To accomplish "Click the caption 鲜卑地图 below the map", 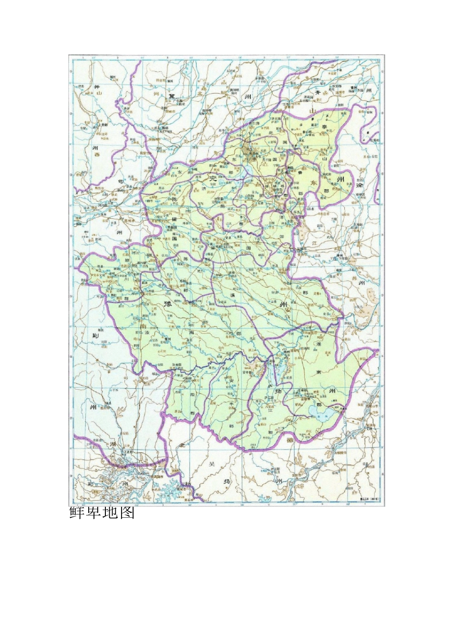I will pos(102,513).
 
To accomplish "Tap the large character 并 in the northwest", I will pos(97,87).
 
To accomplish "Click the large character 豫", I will pos(167,304).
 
